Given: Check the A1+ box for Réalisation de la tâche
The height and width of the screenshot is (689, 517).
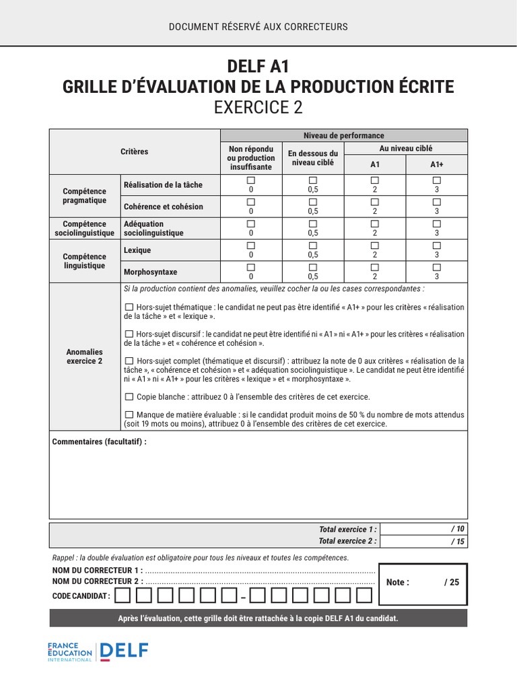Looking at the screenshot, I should (436, 180).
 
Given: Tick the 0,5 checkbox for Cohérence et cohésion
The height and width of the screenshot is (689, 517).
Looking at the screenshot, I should (312, 202).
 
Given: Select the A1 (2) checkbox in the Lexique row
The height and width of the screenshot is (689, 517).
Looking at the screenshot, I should (375, 246).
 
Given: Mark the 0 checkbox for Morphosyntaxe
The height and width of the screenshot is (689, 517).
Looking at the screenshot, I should (251, 267).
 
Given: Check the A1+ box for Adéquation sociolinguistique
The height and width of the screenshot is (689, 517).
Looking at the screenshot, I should (436, 223).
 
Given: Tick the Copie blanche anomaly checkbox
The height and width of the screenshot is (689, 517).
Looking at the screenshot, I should (129, 397).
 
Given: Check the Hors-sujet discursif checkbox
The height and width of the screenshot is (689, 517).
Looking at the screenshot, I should (129, 334).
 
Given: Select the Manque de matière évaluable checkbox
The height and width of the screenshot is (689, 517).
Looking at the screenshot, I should (129, 415).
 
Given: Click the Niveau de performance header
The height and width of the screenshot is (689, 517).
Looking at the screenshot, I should (343, 136).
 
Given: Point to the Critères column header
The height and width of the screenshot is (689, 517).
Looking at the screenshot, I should (135, 152).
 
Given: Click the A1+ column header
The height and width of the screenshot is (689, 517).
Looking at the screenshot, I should (436, 164).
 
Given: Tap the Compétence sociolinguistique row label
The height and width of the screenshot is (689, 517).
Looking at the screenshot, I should (85, 228).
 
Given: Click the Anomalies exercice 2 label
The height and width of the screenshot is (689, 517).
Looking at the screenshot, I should (85, 356).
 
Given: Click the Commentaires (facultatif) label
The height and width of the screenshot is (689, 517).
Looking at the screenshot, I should (99, 442).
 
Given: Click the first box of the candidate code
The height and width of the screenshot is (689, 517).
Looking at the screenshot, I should (123, 595).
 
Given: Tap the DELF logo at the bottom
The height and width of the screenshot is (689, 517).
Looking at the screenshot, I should (124, 651).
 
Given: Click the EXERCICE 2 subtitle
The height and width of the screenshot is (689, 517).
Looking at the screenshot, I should (258, 108).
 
